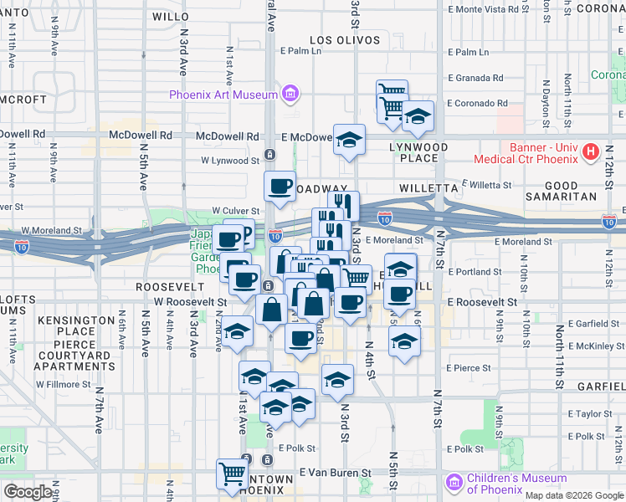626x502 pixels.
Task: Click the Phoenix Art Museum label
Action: pyautogui.click(x=223, y=95)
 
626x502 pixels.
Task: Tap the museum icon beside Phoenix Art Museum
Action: pyautogui.click(x=290, y=93)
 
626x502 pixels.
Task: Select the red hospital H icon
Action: pyautogui.click(x=592, y=151)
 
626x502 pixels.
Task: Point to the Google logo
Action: pyautogui.click(x=28, y=492)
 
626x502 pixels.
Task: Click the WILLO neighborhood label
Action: pyautogui.click(x=171, y=16)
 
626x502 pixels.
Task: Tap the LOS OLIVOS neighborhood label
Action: pyautogui.click(x=340, y=39)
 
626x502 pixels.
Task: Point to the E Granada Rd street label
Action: pyautogui.click(x=475, y=78)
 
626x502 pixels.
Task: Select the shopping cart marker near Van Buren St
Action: pyautogui.click(x=232, y=472)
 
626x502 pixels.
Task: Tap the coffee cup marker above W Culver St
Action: pyautogui.click(x=280, y=186)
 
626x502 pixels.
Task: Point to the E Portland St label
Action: pyautogui.click(x=475, y=272)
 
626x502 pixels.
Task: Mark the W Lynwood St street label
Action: pyautogui.click(x=230, y=160)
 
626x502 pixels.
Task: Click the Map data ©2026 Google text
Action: pyautogui.click(x=573, y=495)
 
